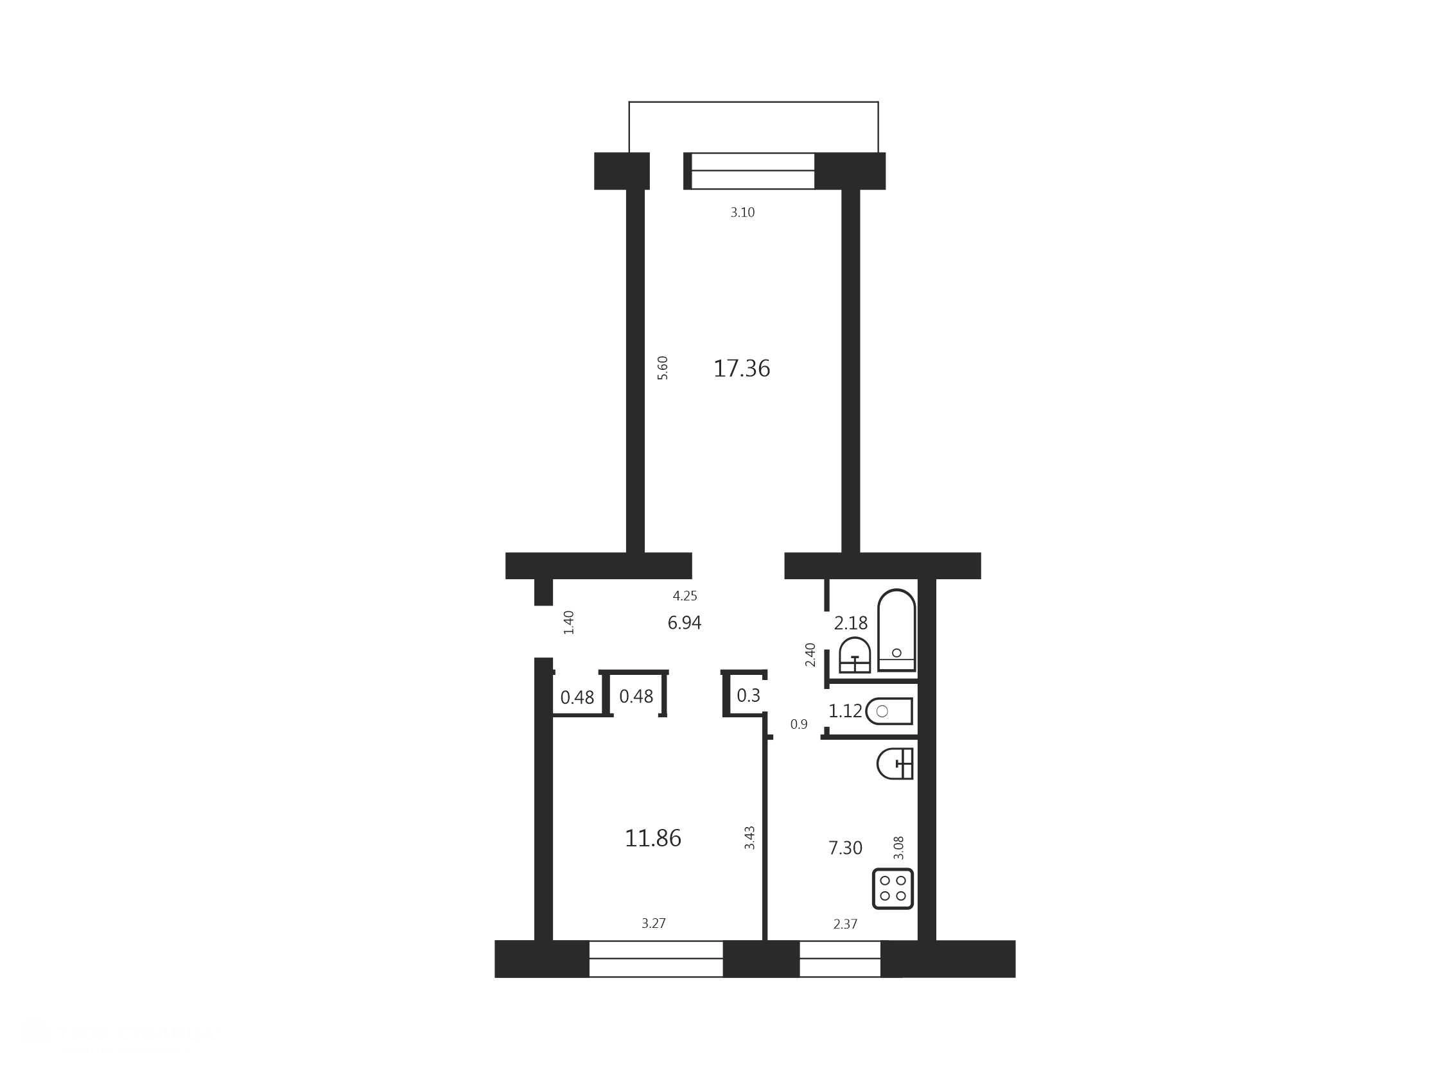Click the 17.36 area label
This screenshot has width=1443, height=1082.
pyautogui.click(x=742, y=369)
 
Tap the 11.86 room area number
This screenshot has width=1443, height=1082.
pyautogui.click(x=653, y=838)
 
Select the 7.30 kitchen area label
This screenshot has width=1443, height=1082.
pyautogui.click(x=846, y=848)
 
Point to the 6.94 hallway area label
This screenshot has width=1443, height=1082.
pyautogui.click(x=685, y=623)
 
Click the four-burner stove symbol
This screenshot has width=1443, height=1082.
pyautogui.click(x=893, y=888)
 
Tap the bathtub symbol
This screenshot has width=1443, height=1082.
pyautogui.click(x=896, y=630)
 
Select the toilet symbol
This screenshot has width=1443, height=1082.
pyautogui.click(x=889, y=711)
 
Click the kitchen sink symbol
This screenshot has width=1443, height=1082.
pyautogui.click(x=895, y=763)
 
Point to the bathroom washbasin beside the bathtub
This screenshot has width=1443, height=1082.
pyautogui.click(x=855, y=655)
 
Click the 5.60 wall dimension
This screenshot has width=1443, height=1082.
pyautogui.click(x=662, y=368)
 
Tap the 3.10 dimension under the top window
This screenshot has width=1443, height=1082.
pyautogui.click(x=742, y=212)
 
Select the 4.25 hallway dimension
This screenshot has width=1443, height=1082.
pyautogui.click(x=685, y=595)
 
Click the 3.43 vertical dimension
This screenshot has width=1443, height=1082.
pyautogui.click(x=749, y=837)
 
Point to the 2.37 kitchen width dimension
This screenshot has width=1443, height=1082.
pyautogui.click(x=846, y=923)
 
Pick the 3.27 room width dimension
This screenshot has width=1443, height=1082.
pyautogui.click(x=654, y=923)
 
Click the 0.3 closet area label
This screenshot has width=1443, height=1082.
pyautogui.click(x=748, y=695)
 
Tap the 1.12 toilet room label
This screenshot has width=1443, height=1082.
pyautogui.click(x=846, y=711)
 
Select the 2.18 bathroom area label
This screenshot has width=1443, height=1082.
pyautogui.click(x=852, y=623)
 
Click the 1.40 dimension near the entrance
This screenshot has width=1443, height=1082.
pyautogui.click(x=568, y=622)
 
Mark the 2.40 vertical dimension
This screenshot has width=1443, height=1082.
pyautogui.click(x=810, y=655)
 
